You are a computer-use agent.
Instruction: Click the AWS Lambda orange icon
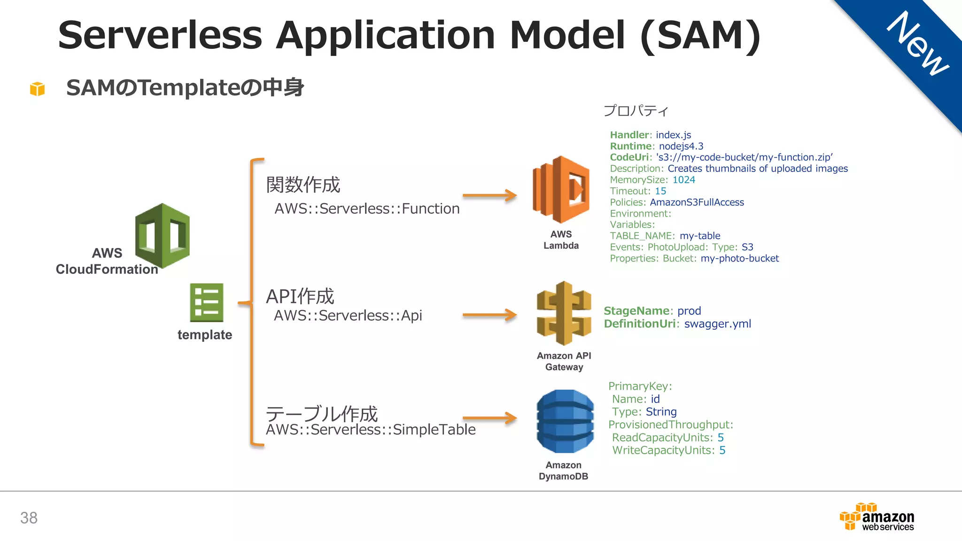(x=561, y=189)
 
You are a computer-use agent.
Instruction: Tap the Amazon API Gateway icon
(x=564, y=313)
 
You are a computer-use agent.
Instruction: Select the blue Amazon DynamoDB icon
(x=565, y=421)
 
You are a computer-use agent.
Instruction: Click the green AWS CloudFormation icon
(x=163, y=236)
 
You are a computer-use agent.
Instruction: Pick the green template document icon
(x=207, y=302)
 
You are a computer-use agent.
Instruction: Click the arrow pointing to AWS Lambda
(x=489, y=195)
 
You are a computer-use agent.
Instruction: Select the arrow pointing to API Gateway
(x=489, y=315)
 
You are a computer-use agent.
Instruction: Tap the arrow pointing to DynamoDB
(x=489, y=417)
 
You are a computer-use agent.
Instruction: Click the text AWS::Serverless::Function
(x=367, y=209)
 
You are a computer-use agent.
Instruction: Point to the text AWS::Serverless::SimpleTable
(x=371, y=430)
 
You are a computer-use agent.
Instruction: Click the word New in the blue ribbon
(x=918, y=43)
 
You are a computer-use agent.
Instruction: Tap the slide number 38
(x=29, y=518)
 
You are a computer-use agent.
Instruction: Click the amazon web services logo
(x=877, y=518)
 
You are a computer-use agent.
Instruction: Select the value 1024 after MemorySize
(x=683, y=180)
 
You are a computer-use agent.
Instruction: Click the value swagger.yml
(x=717, y=324)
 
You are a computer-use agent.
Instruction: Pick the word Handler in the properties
(x=629, y=135)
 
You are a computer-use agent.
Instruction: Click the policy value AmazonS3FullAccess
(x=697, y=202)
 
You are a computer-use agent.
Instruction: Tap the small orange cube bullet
(x=37, y=88)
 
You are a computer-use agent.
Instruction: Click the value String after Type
(x=661, y=412)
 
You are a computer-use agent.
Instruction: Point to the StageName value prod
(x=689, y=311)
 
